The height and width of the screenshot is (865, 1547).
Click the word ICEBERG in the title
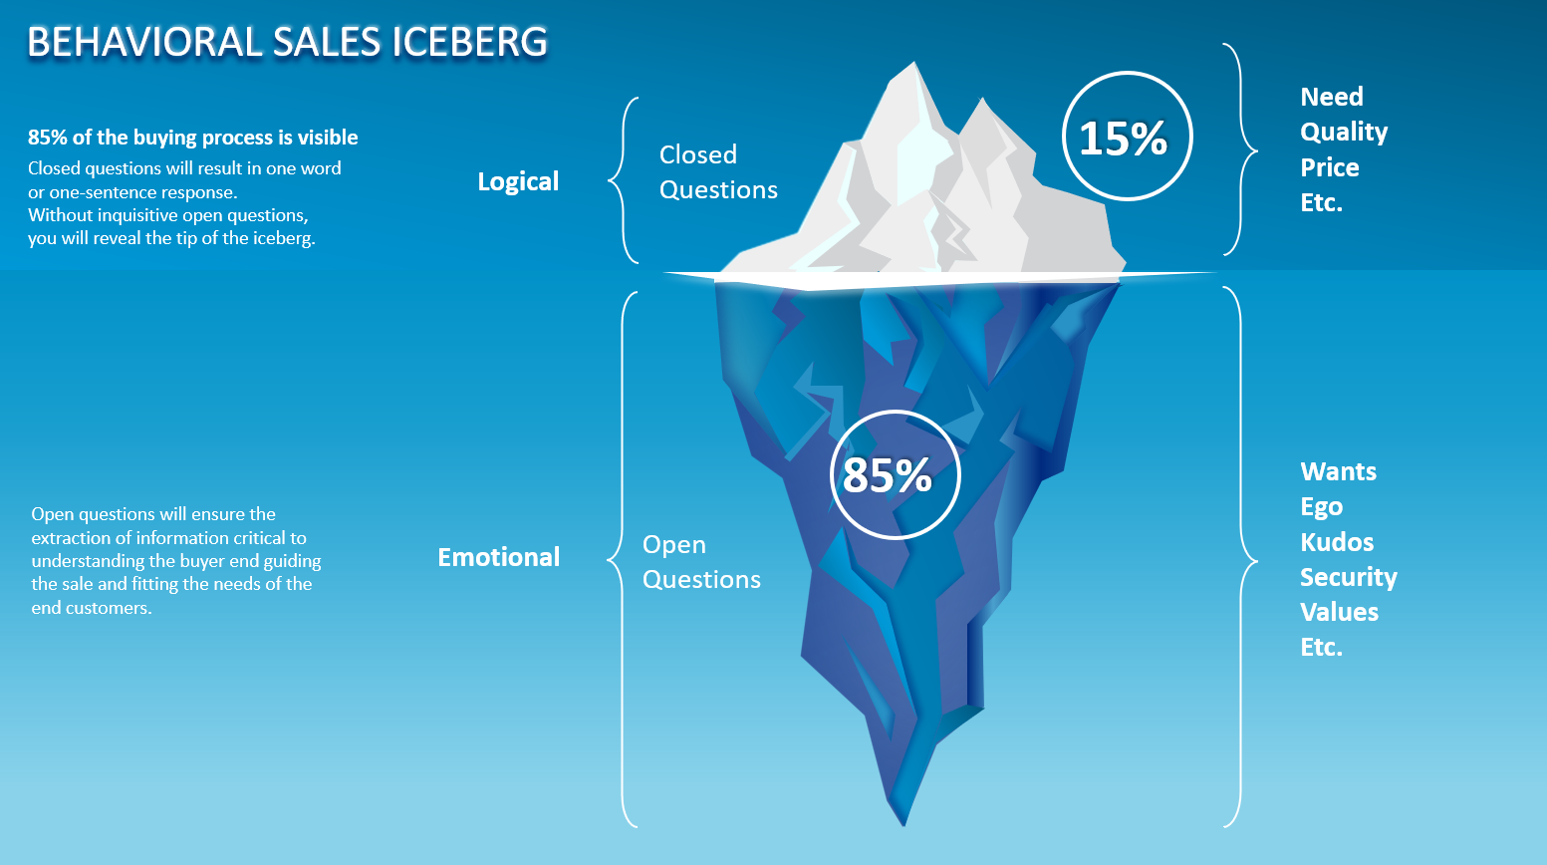click(469, 43)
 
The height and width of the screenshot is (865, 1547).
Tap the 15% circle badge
click(1127, 137)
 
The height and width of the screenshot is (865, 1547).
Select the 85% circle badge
click(894, 475)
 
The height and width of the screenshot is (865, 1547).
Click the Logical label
click(518, 181)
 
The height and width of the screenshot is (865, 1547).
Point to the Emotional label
click(498, 557)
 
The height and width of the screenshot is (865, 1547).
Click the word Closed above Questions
click(698, 154)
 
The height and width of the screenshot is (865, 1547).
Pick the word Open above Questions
click(674, 545)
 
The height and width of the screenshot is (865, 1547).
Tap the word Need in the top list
click(1331, 97)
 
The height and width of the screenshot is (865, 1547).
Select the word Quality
click(1344, 133)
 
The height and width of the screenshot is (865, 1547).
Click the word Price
click(1329, 167)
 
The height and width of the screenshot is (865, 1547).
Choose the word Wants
click(1338, 471)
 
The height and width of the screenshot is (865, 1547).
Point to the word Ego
click(1321, 507)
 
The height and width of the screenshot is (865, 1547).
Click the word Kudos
click(1336, 542)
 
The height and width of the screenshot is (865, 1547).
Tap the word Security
click(1348, 577)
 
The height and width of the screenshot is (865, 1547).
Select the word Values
click(1339, 612)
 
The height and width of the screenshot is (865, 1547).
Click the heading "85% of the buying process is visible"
click(192, 138)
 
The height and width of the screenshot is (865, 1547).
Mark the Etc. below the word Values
click(1321, 648)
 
